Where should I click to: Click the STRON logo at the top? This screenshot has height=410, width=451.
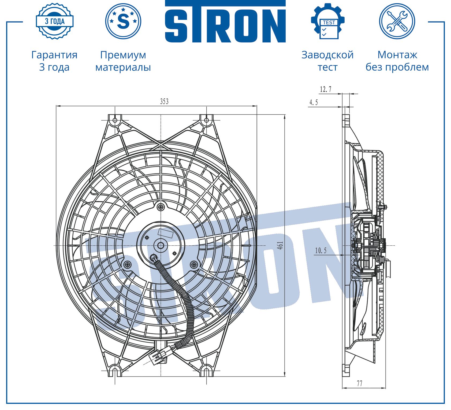tap(225, 21)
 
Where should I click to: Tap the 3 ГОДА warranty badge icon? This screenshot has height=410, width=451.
tap(55, 21)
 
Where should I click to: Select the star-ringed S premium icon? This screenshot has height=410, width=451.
tap(123, 21)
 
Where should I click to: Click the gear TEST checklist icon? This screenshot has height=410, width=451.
tap(327, 21)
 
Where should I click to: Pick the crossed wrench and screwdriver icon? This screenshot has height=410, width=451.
tap(397, 21)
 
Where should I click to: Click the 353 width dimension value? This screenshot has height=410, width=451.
tap(164, 101)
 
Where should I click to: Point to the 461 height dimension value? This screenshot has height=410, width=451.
tap(280, 245)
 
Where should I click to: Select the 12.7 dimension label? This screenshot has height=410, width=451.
tap(326, 89)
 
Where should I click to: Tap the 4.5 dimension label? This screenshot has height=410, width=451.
tap(314, 102)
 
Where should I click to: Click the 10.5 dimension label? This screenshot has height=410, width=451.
tap(321, 250)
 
